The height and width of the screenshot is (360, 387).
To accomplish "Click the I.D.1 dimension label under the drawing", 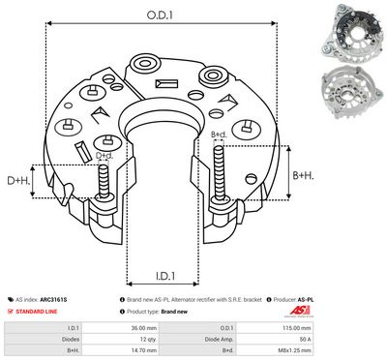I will point(155,272).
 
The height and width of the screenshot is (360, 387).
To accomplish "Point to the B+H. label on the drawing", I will point(304,175).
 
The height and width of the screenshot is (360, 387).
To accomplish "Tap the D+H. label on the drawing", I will point(18,181).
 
